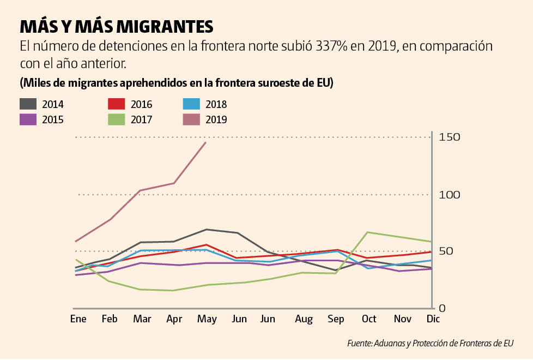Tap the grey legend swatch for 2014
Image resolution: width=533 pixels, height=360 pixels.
28,104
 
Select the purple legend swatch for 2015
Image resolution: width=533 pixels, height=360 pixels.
28,119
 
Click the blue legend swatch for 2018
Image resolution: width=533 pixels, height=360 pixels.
190,104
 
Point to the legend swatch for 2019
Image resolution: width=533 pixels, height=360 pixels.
190,119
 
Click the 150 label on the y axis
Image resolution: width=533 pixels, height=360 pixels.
450,137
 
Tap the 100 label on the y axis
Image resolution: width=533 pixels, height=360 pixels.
450,195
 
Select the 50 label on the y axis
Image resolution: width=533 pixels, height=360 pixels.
446,251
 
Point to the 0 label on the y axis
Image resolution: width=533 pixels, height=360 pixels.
442,308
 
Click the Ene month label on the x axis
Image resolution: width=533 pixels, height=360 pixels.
78,319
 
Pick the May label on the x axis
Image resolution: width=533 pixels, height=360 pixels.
206,319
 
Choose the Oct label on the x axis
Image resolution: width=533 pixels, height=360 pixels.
370,319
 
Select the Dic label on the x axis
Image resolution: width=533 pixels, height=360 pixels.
432,319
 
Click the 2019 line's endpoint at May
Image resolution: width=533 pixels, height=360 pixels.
205,142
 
